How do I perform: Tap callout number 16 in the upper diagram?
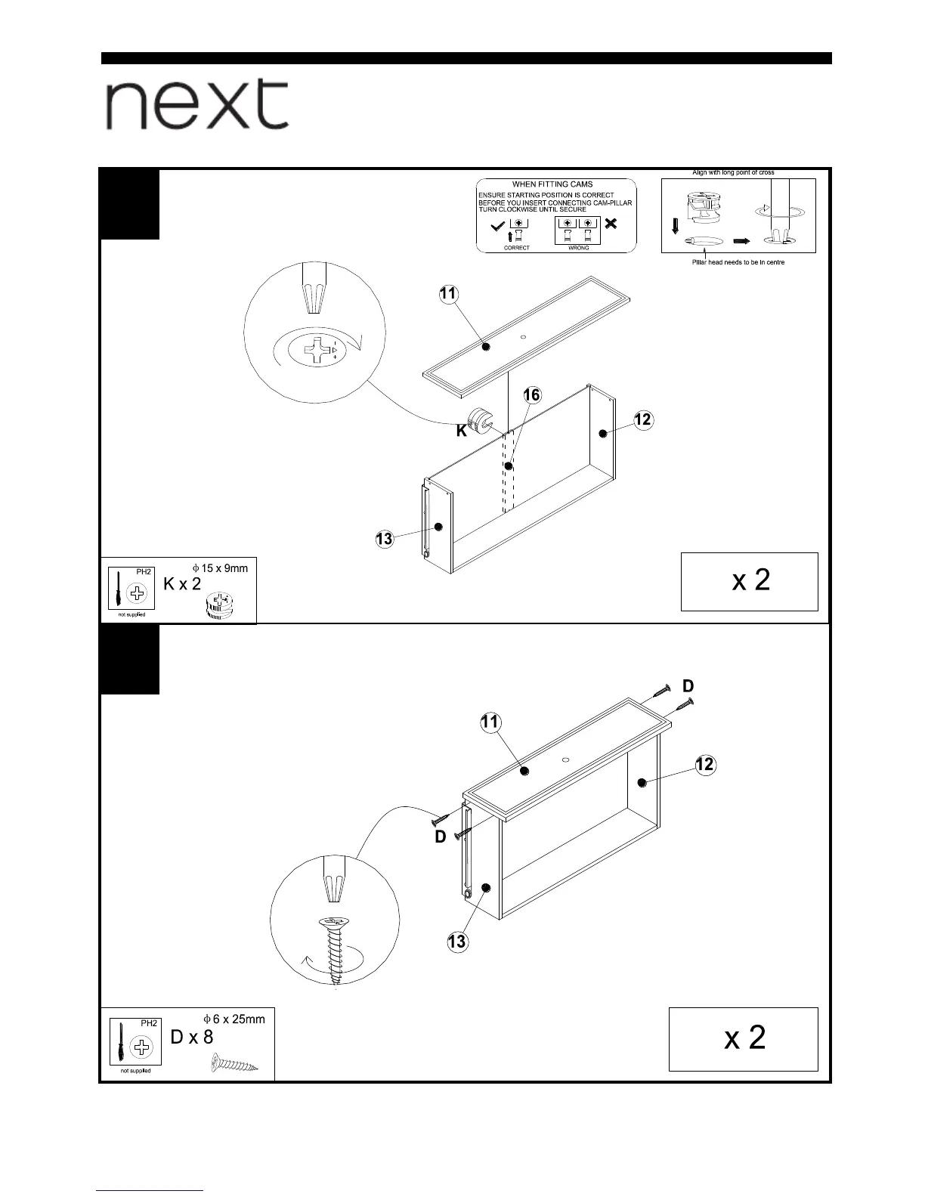coord(532,395)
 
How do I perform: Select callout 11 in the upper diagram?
coord(448,294)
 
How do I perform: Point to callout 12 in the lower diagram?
coord(704,764)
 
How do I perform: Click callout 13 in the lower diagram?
coord(456,942)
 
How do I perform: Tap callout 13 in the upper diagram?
coord(384,539)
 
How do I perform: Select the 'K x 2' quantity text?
coord(182,583)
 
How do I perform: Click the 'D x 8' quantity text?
coord(192,1037)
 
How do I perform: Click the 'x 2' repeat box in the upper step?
coord(749,580)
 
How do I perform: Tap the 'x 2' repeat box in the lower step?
coord(744,1038)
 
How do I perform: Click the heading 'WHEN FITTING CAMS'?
coord(552,184)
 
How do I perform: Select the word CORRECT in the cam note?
coord(517,248)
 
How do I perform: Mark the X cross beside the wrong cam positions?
coord(611,224)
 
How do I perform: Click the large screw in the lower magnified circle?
coord(333,949)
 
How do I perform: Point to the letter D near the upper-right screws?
coord(688,686)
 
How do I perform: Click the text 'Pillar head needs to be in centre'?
coord(738,262)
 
